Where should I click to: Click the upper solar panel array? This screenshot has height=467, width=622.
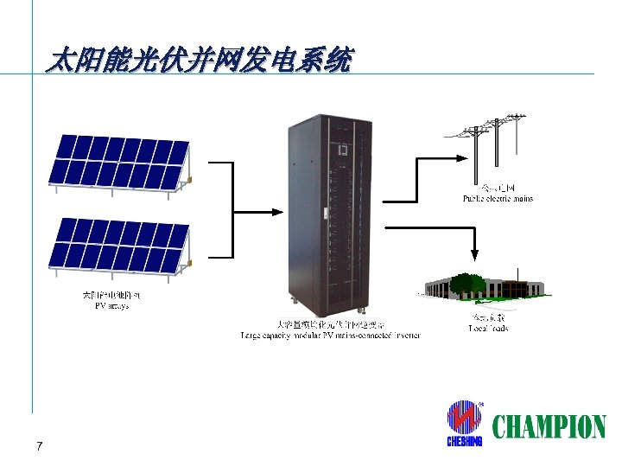coord(119,161)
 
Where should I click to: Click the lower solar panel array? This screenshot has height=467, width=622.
coord(119,244)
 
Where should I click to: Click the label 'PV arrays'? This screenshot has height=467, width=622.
coord(111,306)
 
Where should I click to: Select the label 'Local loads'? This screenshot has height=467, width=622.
coord(488,328)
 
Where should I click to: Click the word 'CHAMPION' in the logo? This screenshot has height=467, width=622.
coord(549,426)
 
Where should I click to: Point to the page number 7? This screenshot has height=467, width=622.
coord(40,446)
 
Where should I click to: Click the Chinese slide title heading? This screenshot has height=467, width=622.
coord(200,61)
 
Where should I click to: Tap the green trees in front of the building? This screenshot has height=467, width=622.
coord(467,285)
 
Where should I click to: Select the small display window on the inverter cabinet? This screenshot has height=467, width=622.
coord(341,150)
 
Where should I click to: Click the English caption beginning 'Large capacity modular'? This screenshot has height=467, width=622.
coord(330,334)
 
